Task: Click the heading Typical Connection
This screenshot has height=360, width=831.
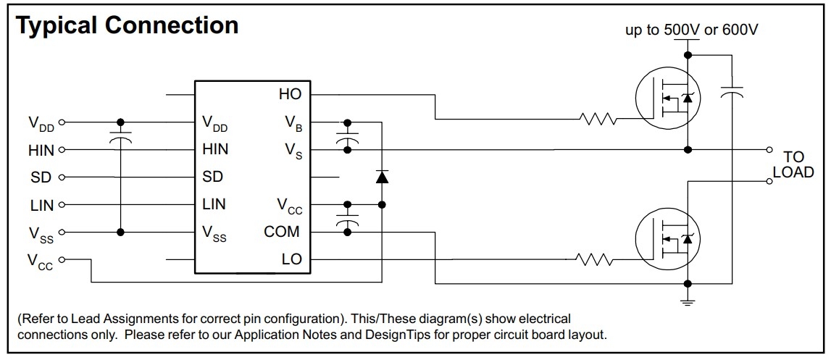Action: tap(128, 25)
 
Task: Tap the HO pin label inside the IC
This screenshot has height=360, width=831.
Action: tap(290, 94)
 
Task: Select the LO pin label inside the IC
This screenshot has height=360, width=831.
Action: tap(292, 259)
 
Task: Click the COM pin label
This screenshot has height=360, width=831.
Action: tap(281, 232)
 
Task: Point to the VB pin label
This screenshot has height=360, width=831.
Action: tap(293, 124)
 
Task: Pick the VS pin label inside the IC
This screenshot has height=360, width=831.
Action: tap(294, 151)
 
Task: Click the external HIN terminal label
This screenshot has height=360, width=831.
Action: tap(41, 151)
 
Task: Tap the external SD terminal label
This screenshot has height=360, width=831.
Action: tap(41, 177)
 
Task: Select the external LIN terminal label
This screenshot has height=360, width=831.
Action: tap(42, 205)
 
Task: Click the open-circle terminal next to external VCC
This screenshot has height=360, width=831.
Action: tap(62, 260)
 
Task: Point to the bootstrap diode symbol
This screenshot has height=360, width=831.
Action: tap(382, 177)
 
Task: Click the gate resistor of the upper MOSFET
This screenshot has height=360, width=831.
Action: tap(599, 119)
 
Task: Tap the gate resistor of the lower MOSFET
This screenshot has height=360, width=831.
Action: tap(594, 260)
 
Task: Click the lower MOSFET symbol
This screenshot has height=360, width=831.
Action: tap(667, 238)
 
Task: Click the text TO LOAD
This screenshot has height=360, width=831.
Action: tap(793, 164)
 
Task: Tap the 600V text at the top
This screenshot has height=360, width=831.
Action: tap(739, 30)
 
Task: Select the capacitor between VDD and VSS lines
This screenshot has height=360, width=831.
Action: tap(121, 138)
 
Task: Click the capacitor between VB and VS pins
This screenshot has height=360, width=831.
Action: tap(348, 137)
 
